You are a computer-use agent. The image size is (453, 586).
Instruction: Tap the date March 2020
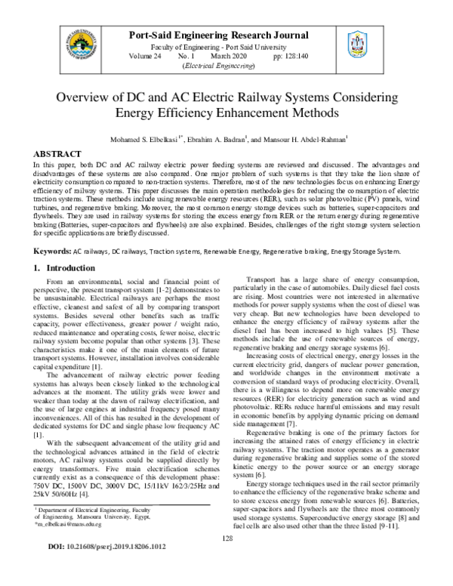click(x=231, y=57)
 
